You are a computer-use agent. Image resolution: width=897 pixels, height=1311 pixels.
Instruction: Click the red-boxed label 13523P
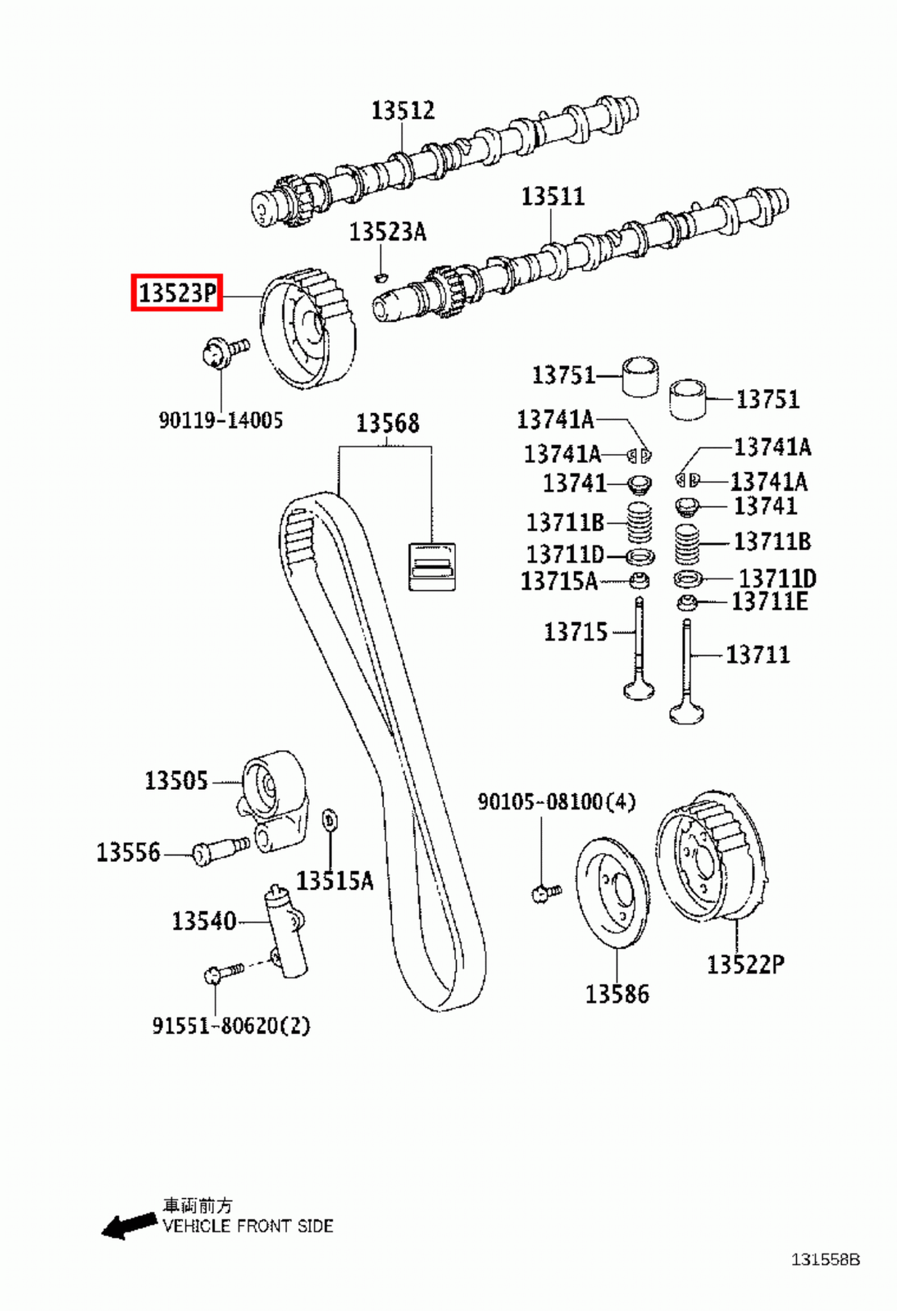click(177, 293)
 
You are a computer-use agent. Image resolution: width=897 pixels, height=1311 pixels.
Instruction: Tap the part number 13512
click(402, 110)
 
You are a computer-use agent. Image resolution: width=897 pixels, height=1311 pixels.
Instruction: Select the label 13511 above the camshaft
click(553, 197)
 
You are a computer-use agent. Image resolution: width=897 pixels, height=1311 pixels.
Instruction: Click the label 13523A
click(388, 232)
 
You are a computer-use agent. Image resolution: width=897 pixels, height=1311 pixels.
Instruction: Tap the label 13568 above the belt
click(387, 423)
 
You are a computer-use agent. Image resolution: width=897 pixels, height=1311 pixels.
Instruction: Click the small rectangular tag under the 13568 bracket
click(431, 565)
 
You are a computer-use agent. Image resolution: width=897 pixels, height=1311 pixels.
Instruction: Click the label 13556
click(129, 852)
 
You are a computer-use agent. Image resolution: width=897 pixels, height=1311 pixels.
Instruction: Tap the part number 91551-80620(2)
click(231, 1025)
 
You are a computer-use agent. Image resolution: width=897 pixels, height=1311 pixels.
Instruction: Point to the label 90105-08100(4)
click(556, 801)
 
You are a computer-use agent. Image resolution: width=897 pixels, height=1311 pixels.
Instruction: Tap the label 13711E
click(769, 602)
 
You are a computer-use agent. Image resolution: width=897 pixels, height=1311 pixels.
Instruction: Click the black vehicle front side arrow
click(129, 1225)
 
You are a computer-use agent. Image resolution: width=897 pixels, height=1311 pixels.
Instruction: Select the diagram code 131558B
click(825, 1259)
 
